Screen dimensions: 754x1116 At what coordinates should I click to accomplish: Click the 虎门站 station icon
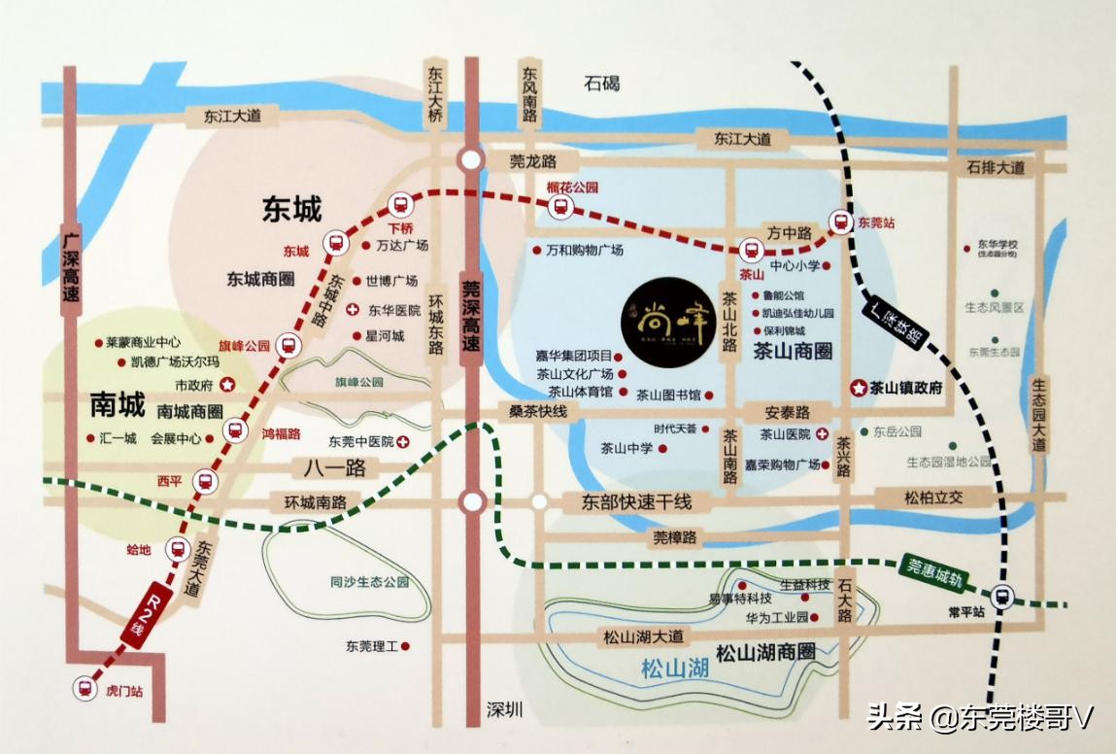click(85, 688)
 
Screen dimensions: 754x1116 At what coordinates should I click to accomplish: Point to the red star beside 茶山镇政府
click(859, 388)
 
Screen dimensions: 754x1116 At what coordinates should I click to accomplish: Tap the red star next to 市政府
click(227, 384)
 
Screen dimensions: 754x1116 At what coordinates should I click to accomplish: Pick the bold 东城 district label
click(291, 209)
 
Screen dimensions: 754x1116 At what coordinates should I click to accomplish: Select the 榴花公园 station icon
click(559, 206)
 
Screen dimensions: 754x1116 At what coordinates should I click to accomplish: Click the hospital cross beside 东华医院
click(353, 310)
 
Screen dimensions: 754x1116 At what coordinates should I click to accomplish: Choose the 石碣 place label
click(601, 84)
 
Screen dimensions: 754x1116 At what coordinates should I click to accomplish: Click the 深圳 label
click(504, 710)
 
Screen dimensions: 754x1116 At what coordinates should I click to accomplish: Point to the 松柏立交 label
click(931, 497)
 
